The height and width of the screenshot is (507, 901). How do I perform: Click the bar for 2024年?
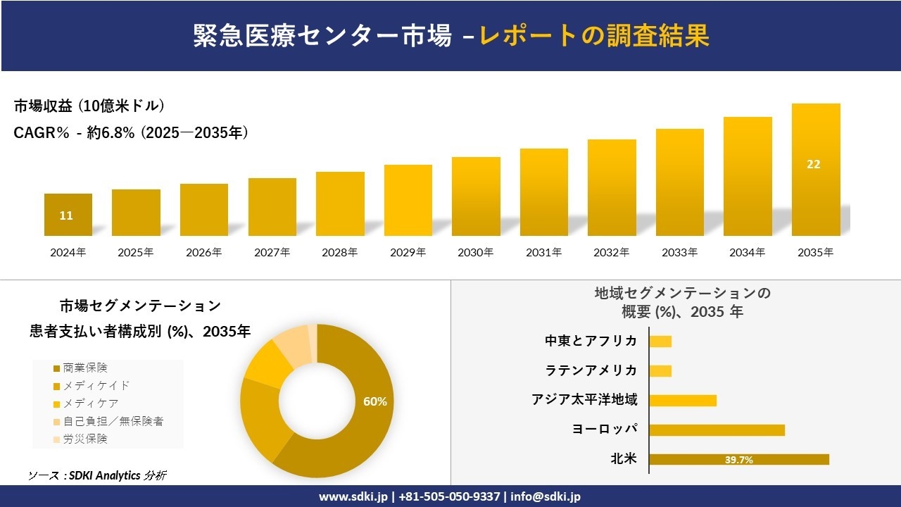click(68, 215)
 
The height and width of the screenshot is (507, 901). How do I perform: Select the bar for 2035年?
click(816, 170)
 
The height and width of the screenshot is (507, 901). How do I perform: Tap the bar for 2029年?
click(408, 200)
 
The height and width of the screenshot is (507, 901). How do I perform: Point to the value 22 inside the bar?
click(813, 164)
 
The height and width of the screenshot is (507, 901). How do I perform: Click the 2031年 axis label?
click(544, 252)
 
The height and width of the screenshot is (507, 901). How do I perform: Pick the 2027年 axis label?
click(272, 252)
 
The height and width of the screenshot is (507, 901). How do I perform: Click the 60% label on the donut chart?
click(374, 401)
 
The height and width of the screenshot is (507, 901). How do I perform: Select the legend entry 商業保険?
click(85, 368)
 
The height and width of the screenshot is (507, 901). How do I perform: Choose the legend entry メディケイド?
click(96, 385)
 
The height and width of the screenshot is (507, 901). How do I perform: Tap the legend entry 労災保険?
click(85, 439)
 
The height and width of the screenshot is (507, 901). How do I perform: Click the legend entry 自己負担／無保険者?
click(113, 421)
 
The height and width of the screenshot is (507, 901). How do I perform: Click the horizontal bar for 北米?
click(738, 459)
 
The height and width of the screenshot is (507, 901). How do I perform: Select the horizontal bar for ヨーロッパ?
click(717, 430)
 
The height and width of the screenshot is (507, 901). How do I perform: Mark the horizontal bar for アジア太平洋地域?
click(682, 400)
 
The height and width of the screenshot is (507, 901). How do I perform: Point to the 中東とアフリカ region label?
click(591, 341)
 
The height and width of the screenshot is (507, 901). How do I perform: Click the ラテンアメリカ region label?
click(591, 370)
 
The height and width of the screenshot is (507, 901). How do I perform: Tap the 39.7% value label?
click(739, 460)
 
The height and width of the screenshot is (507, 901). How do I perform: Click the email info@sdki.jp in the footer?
click(546, 496)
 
